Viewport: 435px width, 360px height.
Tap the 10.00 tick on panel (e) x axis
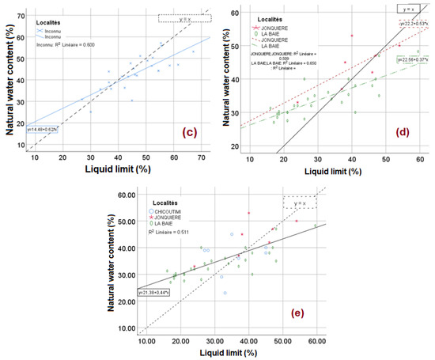(146, 341)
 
